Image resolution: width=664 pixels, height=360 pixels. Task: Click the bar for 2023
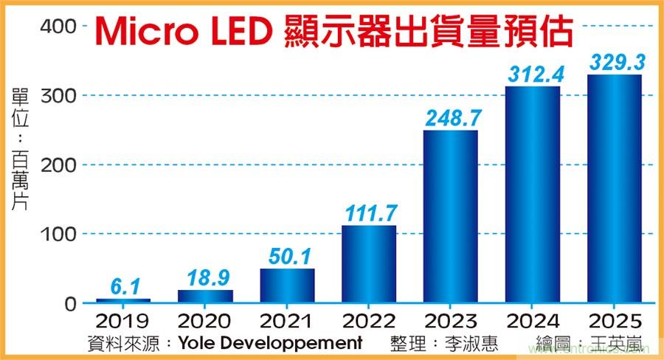pos(450,215)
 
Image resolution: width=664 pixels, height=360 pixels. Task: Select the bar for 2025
pos(614,187)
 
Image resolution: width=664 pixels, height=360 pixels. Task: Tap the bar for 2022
pos(368,263)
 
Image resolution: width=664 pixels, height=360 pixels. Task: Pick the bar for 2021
pos(287,285)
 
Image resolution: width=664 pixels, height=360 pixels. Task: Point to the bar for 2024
pos(533,193)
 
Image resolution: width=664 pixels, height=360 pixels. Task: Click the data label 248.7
pos(450,116)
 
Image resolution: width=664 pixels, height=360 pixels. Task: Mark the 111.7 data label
pos(368,213)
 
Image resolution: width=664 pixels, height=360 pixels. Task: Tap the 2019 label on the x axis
pos(123,322)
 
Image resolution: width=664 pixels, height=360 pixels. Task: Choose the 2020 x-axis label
pos(204,322)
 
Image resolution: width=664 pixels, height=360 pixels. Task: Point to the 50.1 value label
pos(287,256)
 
